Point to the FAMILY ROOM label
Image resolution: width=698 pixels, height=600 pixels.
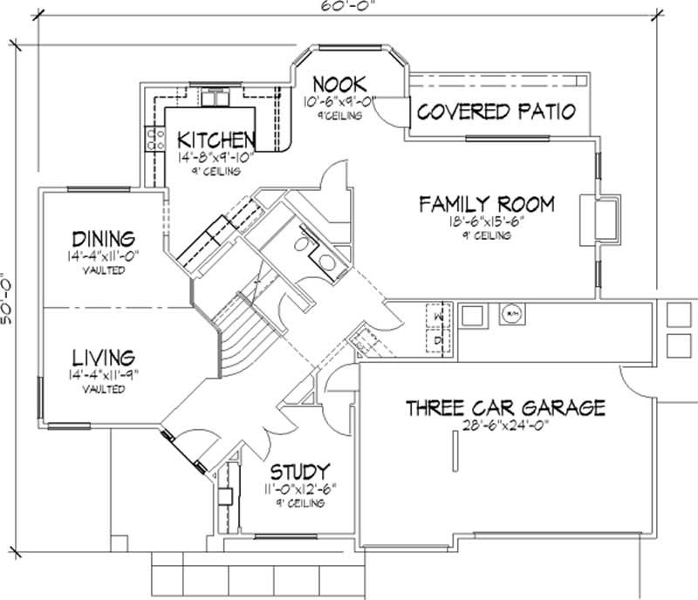(486, 204)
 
